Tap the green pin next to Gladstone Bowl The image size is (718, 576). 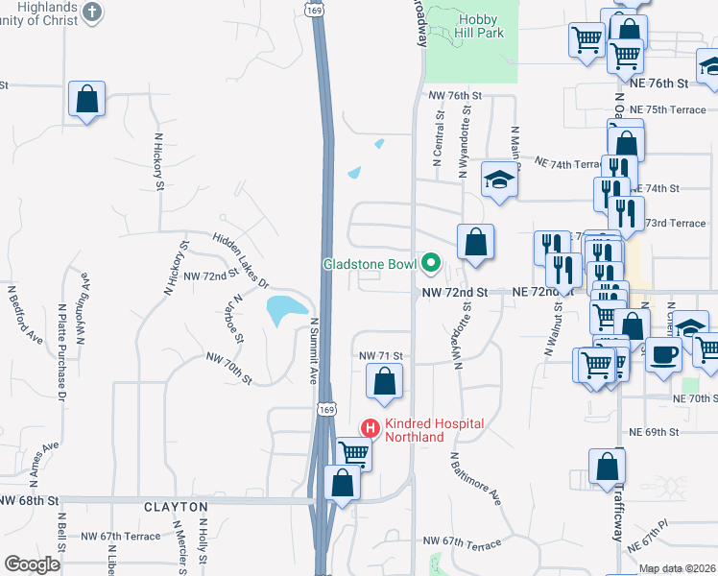pyautogui.click(x=431, y=262)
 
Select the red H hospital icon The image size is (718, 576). pyautogui.click(x=369, y=427)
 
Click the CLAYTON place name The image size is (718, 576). pyautogui.click(x=176, y=506)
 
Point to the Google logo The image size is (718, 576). pyautogui.click(x=32, y=564)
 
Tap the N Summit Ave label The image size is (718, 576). pyautogui.click(x=313, y=350)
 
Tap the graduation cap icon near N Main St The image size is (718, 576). pyautogui.click(x=499, y=180)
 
